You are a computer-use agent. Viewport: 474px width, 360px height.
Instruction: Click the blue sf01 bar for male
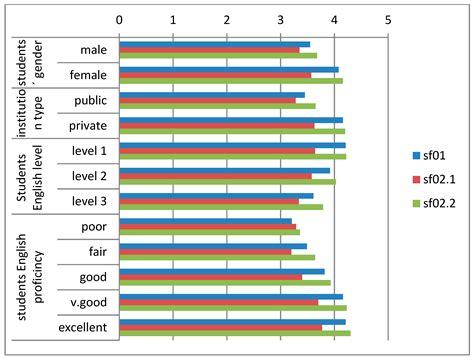point(214,43)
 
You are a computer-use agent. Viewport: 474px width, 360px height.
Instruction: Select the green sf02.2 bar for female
point(230,81)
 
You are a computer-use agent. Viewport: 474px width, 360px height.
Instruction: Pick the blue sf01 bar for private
point(231,119)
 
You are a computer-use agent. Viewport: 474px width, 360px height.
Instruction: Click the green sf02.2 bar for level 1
point(232,156)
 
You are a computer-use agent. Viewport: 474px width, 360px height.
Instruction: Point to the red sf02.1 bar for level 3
point(209,201)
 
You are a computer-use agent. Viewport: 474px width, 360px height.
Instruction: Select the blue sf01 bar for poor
point(205,220)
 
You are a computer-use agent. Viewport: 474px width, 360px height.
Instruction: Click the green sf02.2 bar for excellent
point(234,332)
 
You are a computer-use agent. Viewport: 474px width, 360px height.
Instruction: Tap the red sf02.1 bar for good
point(210,276)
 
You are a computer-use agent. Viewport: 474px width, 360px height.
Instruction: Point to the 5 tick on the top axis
point(387,19)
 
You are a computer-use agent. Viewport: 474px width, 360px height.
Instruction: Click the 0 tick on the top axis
point(119,19)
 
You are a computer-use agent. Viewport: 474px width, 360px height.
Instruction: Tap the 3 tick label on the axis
point(280,19)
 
